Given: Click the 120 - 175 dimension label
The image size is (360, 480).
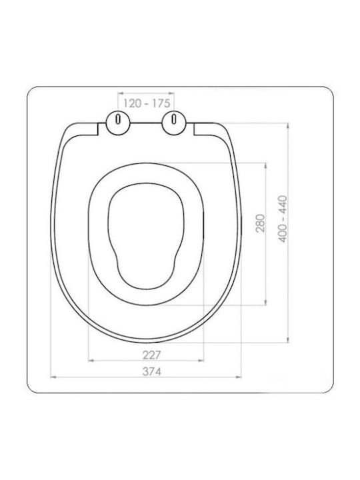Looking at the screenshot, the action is click(146, 103).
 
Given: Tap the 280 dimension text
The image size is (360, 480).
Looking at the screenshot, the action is click(260, 223).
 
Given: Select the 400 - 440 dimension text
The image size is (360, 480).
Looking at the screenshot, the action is click(283, 219).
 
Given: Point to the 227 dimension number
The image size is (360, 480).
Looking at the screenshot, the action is click(151, 355).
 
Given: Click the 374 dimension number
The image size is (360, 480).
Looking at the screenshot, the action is click(151, 371).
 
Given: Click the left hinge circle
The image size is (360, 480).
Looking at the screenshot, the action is click(118, 123).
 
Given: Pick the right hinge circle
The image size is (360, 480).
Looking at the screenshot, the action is click(173, 123).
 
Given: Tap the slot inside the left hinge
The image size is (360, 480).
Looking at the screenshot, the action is click(118, 119).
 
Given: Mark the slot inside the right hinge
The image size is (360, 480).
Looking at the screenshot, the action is click(174, 119).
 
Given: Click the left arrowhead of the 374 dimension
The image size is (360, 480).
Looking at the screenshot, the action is click(53, 377).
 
